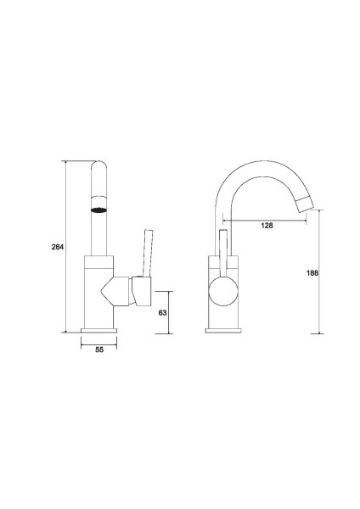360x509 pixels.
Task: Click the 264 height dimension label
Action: click(58, 247)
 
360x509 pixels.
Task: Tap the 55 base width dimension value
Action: click(99, 350)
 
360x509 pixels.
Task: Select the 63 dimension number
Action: click(162, 312)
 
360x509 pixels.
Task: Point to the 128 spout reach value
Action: click(267, 226)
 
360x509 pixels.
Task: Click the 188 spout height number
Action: click(312, 273)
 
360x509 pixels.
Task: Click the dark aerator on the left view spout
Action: click(98, 210)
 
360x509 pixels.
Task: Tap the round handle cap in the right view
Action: click(223, 290)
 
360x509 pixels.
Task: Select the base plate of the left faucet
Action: click(98, 331)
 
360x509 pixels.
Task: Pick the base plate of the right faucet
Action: click(223, 331)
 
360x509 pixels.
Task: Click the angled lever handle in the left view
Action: click(148, 253)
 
